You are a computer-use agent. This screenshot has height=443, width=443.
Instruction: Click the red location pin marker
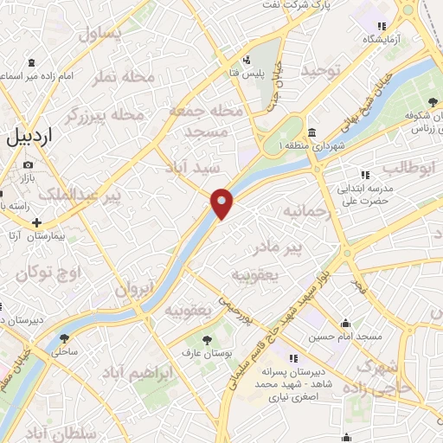point(222,202)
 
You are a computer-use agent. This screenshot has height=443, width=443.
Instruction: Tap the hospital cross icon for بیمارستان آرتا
point(36,221)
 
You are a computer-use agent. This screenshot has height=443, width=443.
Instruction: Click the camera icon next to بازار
point(29,164)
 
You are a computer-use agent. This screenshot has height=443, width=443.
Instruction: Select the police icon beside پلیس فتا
point(247,60)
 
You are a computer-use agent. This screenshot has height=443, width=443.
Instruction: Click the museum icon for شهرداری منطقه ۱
point(311,133)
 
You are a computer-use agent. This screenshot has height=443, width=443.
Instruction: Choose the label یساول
point(103,34)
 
